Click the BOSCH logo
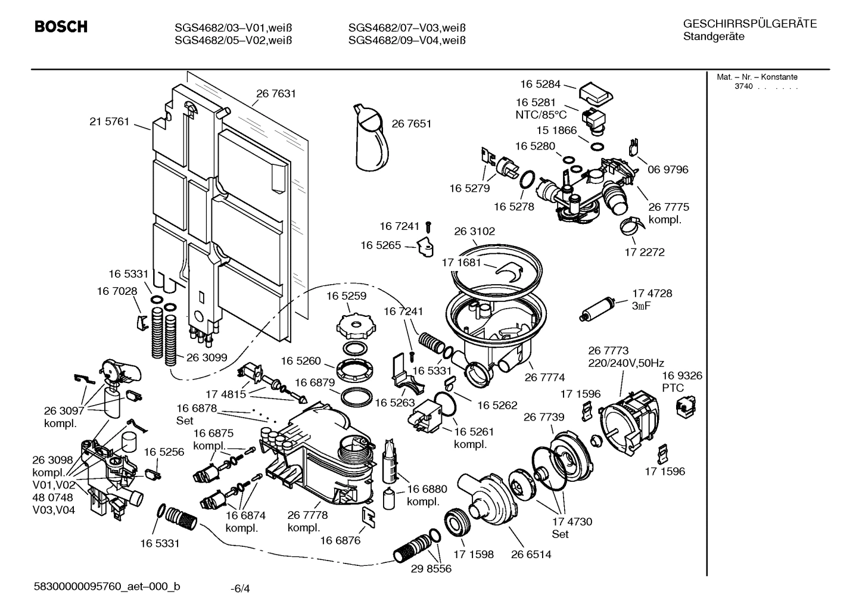click(x=61, y=27)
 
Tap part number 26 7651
click(x=411, y=124)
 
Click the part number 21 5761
click(x=109, y=122)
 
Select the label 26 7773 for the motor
click(x=608, y=351)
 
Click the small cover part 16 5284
click(x=595, y=92)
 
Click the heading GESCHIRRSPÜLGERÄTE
click(x=749, y=24)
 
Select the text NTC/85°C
click(x=541, y=115)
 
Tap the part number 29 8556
click(x=431, y=569)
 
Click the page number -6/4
click(x=240, y=589)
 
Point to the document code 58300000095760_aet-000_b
click(x=107, y=587)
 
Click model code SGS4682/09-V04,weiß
click(x=406, y=41)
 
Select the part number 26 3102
click(x=474, y=231)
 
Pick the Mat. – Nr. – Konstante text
click(x=757, y=77)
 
